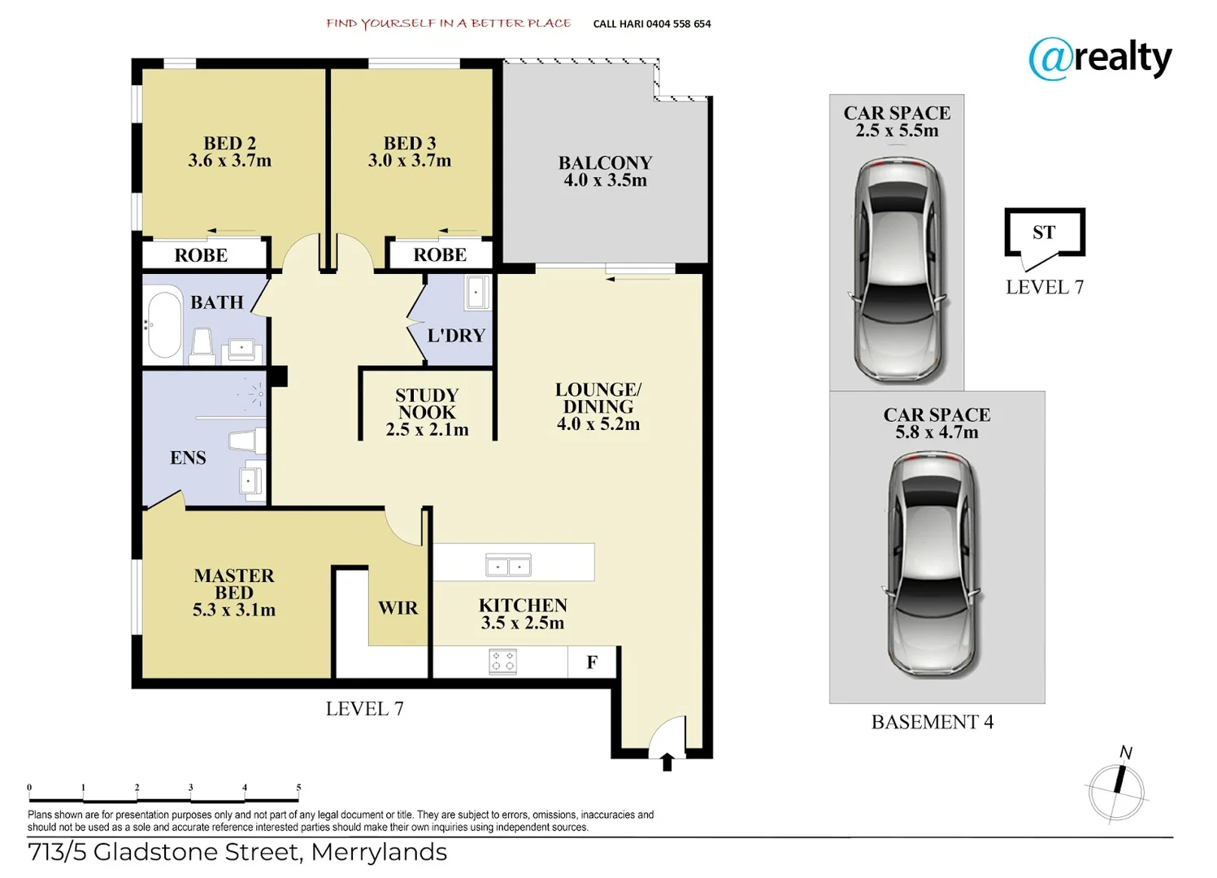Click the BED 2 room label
pos(229,143)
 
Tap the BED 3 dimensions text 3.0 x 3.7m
pos(409,161)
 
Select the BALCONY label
pos(605,163)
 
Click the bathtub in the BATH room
pos(164,322)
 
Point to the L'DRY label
pos(455,335)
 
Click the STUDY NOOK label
pos(427,403)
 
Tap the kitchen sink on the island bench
pos(508,564)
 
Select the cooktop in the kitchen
pos(502,662)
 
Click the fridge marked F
pos(592,663)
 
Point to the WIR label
pos(398,608)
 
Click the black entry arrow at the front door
pos(667,762)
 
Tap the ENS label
pos(188,458)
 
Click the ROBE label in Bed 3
pos(440,254)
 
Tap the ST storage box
pos(1044,233)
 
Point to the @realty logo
pos(1100,59)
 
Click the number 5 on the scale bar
pos(298,788)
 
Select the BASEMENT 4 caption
pos(932,722)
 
